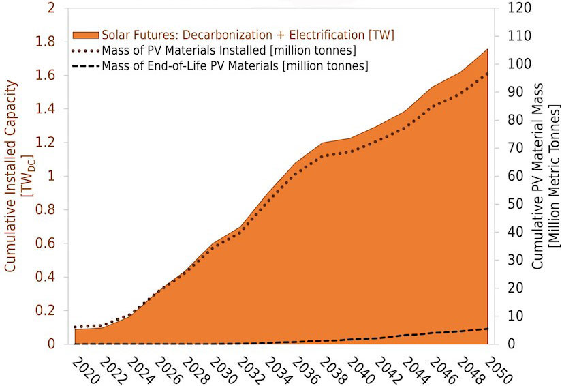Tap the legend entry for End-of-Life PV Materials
(x=235, y=66)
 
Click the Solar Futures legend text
(x=248, y=35)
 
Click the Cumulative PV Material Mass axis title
(x=545, y=177)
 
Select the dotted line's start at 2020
(x=75, y=327)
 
